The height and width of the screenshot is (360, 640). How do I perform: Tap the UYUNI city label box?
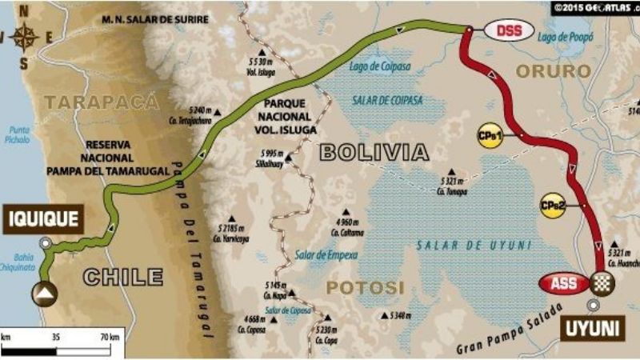[x=592, y=328]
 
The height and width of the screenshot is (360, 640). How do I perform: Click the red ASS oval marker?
[x=563, y=282]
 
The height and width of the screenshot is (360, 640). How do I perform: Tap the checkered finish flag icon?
[x=602, y=282]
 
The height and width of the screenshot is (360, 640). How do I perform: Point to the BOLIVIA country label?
[x=374, y=152]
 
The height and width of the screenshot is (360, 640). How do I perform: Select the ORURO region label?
[x=553, y=70]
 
